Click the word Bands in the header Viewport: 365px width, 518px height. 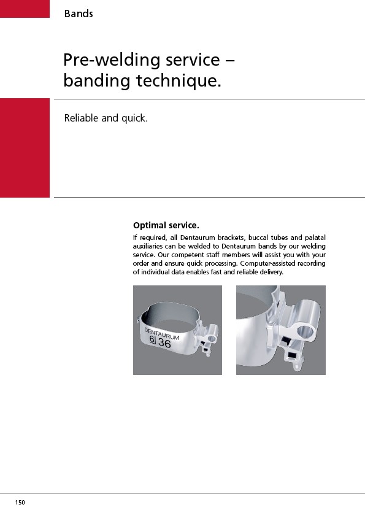coord(79,14)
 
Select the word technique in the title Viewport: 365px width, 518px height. coord(179,81)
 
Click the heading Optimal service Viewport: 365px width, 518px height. coord(166,225)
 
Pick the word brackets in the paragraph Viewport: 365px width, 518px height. coord(231,238)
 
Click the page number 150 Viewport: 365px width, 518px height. coord(20,503)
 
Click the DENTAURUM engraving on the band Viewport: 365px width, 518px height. coord(162,333)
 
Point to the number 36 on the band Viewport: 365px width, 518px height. coord(164,343)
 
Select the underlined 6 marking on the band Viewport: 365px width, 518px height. coord(152,339)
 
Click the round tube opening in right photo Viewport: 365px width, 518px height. coord(305,331)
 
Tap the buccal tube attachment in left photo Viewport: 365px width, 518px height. coord(208,339)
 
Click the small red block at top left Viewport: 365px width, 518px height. coord(25,9)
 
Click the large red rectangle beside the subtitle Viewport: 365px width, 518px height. coord(25,148)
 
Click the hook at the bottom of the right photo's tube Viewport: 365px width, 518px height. coord(297,366)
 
